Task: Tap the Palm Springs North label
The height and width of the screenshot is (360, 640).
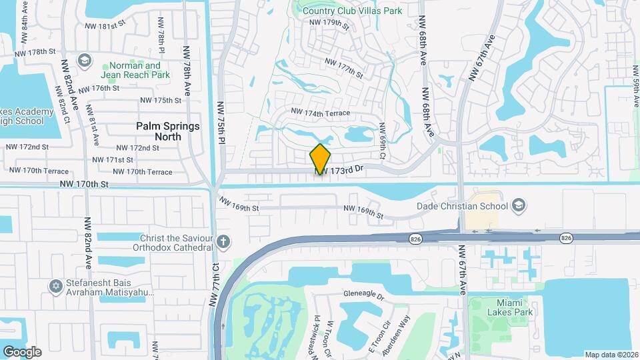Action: (167, 131)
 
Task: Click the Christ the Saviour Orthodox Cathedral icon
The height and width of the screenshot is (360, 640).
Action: (224, 241)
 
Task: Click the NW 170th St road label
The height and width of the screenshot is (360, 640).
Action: (83, 183)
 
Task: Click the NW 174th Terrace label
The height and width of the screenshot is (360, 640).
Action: (320, 113)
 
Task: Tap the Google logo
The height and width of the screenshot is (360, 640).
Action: (22, 351)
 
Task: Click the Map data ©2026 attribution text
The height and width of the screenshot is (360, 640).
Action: (611, 355)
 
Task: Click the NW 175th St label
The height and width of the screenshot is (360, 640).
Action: (161, 100)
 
